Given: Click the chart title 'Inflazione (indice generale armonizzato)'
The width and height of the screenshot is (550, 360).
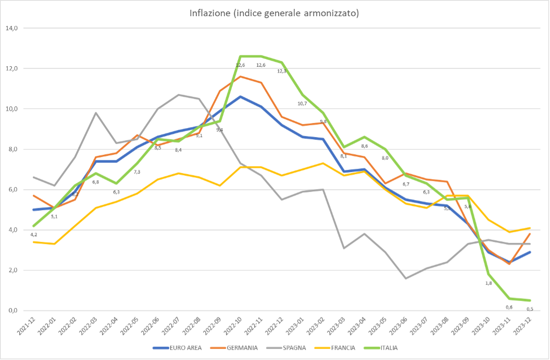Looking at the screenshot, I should [274, 13].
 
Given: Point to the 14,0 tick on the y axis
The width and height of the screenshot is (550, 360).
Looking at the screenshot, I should [11, 28].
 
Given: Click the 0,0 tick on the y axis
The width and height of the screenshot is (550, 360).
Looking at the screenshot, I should [11, 311].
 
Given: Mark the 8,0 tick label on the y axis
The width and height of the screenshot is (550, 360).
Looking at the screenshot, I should [11, 150].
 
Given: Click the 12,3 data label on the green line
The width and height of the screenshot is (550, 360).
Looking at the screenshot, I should [282, 71].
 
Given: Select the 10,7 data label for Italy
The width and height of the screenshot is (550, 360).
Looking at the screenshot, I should [302, 103].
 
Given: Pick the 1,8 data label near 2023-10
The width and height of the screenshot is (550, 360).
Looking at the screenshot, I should [489, 283].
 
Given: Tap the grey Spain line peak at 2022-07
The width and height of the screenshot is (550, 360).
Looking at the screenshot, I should [179, 95].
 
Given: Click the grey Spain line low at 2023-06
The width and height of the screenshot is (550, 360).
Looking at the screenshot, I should [406, 278].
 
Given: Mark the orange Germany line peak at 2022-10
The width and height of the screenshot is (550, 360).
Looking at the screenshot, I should [240, 77].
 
